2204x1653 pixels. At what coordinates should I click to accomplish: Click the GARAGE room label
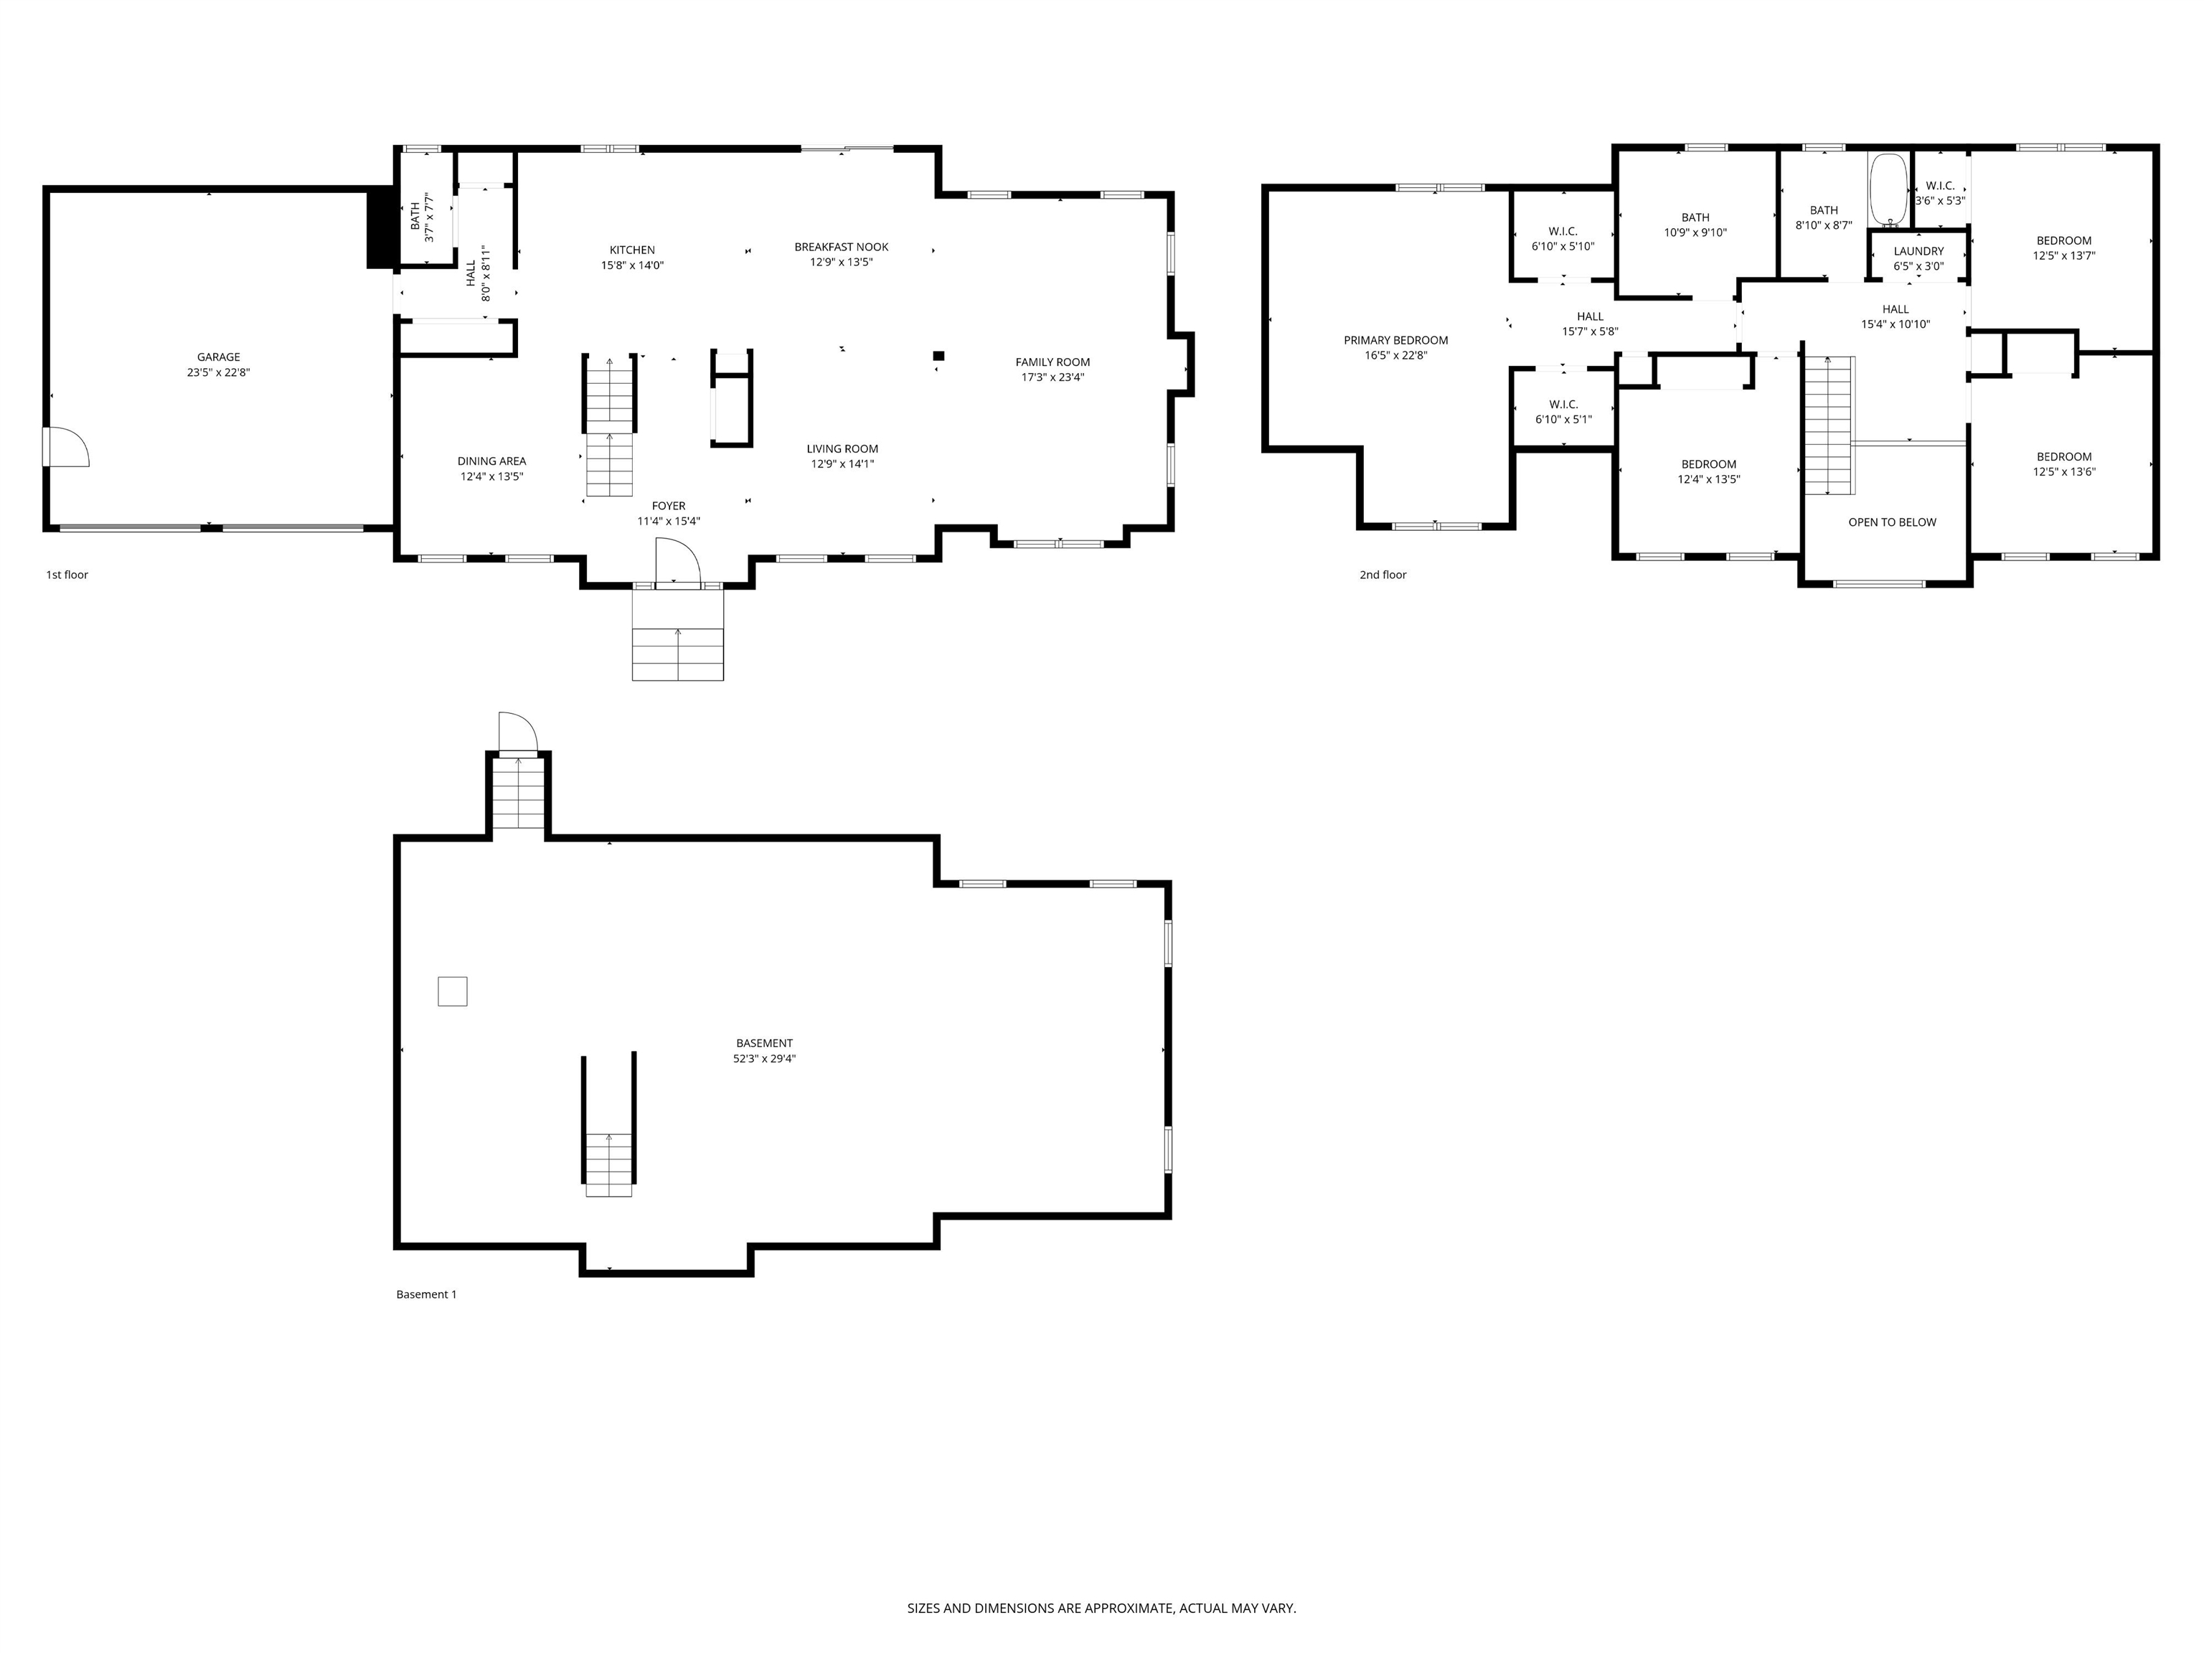click(x=218, y=357)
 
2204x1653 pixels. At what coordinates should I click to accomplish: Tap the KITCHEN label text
click(x=631, y=250)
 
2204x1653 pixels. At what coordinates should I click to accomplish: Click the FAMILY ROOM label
click(x=1052, y=362)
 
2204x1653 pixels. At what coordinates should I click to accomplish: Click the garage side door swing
click(x=67, y=448)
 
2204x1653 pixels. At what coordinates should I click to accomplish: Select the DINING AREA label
click(x=491, y=461)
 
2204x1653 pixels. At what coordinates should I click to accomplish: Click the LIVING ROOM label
click(x=842, y=448)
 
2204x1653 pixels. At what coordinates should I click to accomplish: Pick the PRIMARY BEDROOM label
click(x=1395, y=340)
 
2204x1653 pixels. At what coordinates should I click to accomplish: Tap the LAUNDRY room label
click(x=1918, y=251)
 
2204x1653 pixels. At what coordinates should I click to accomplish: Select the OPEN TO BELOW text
click(x=1891, y=522)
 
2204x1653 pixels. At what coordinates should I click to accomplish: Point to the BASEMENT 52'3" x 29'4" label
click(x=764, y=1051)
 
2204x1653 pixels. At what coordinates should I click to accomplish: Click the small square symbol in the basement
click(x=453, y=992)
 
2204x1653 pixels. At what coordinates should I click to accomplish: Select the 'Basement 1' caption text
click(x=426, y=1294)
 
